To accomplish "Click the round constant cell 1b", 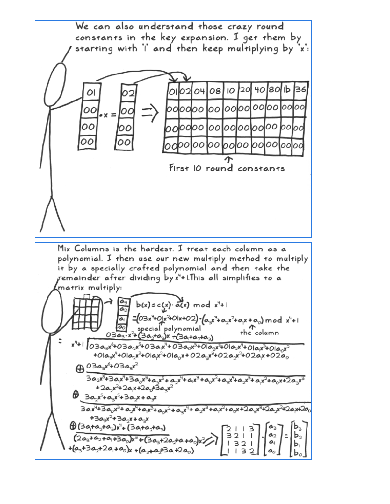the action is (x=287, y=90).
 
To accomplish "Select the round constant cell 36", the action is (x=300, y=89).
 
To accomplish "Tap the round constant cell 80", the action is (x=274, y=89).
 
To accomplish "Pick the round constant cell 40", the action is (x=260, y=90).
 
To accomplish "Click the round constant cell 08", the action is (x=215, y=91).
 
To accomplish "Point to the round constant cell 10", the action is (x=231, y=91).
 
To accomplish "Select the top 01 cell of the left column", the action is (x=91, y=93).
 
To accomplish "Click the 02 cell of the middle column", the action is (x=128, y=93).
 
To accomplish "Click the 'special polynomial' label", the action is (x=169, y=329).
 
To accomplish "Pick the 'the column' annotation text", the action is (x=259, y=333).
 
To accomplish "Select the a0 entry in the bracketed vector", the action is (x=272, y=451).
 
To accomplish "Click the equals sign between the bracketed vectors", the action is (x=286, y=436).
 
